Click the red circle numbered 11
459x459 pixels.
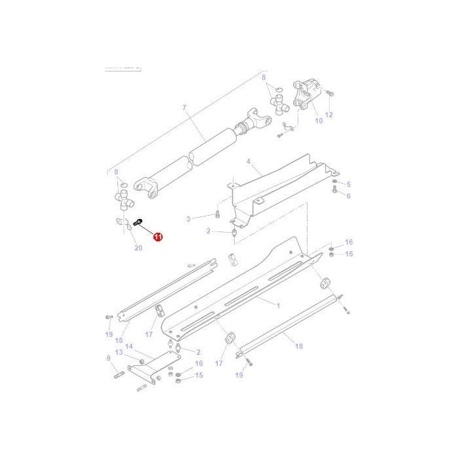tap(157, 237)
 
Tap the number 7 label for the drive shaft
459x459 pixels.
tap(184, 107)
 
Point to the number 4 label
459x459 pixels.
tap(249, 161)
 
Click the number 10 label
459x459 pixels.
tap(319, 121)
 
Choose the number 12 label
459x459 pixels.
tap(329, 115)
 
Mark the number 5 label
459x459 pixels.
tap(348, 184)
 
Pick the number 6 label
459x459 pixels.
tap(348, 196)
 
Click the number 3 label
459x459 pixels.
tap(188, 218)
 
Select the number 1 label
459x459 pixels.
tap(277, 306)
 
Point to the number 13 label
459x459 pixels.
tap(119, 352)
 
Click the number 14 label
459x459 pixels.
tap(129, 346)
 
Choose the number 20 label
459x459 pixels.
tap(138, 247)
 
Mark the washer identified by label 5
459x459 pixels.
tap(335, 182)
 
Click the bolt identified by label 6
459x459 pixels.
tap(334, 191)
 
